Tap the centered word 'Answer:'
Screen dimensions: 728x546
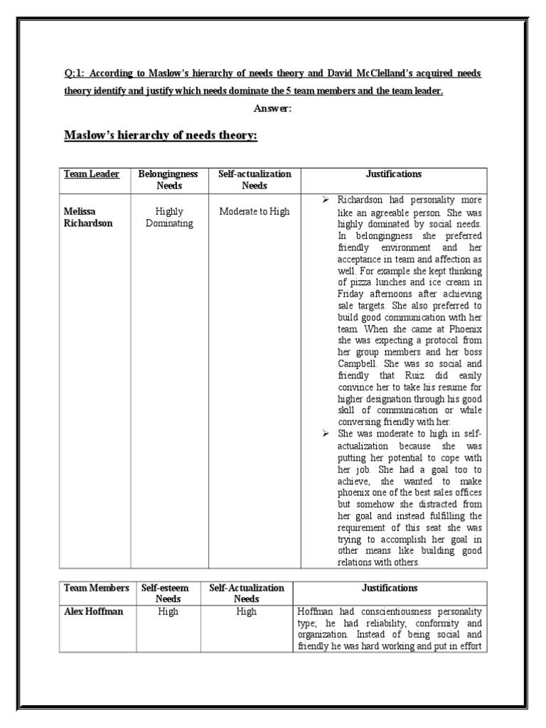273,108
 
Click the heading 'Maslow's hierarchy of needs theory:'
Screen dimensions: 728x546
161,135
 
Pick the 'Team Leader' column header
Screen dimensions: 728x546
92,174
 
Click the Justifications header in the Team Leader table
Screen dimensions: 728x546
393,174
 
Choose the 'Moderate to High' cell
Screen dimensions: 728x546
254,212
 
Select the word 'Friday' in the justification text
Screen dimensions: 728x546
353,294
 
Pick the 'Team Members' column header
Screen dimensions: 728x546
97,588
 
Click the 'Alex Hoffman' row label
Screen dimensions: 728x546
92,611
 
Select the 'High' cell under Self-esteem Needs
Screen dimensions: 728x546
168,611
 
